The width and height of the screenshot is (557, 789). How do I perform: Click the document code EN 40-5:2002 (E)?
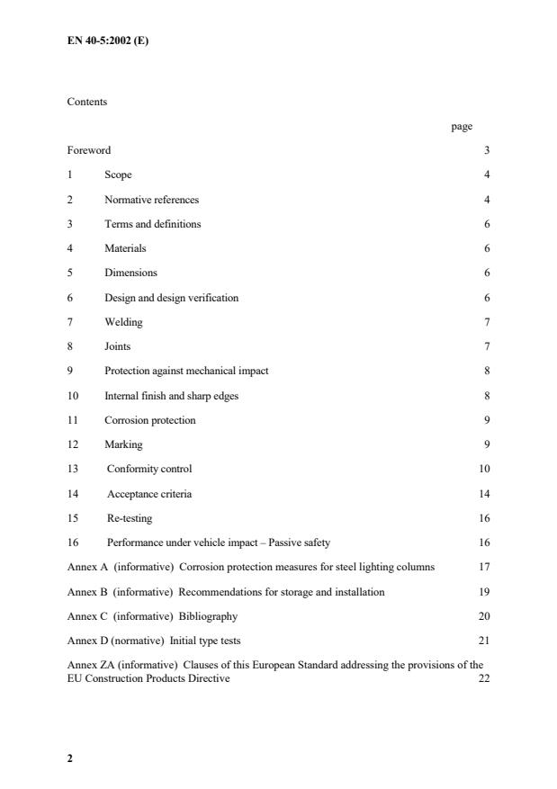(107, 40)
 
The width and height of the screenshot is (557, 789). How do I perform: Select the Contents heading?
(86, 102)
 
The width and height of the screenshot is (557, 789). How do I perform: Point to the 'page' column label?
(461, 126)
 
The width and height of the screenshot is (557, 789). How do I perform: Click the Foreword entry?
(89, 150)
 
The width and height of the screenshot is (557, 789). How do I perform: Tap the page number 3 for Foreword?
(487, 150)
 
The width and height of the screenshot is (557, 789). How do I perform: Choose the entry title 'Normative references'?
(151, 200)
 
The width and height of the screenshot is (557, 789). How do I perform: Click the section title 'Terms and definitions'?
(152, 224)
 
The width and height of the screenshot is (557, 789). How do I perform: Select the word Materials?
(124, 248)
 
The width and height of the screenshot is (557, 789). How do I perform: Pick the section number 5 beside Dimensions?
(70, 273)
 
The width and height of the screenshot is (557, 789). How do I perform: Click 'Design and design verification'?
(171, 298)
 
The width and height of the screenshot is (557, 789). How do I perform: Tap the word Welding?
(123, 322)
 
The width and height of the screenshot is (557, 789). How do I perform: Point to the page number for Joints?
(487, 346)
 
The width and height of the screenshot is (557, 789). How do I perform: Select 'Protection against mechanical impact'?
(186, 371)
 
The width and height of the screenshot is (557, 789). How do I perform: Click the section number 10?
(73, 396)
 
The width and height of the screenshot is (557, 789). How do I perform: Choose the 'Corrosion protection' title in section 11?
(149, 420)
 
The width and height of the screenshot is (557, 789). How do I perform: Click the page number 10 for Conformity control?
(484, 469)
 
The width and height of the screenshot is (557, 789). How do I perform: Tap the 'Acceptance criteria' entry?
(149, 494)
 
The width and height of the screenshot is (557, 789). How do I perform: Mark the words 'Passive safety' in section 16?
(312, 542)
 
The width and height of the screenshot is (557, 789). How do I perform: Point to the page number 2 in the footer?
(70, 758)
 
